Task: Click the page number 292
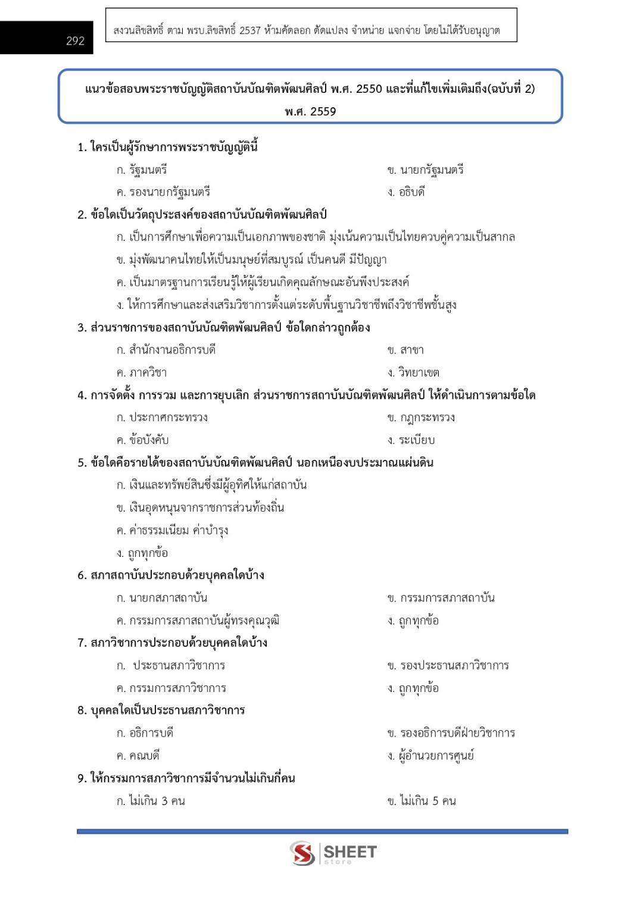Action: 75,40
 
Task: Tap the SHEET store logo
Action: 333,853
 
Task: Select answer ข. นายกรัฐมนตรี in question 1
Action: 425,170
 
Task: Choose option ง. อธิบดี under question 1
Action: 406,192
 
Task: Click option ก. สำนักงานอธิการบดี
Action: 166,350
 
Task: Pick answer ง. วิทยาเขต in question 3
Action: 413,372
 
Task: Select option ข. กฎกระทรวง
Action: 421,418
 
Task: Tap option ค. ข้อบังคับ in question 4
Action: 143,440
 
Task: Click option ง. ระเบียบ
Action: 411,440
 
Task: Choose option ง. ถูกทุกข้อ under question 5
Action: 142,553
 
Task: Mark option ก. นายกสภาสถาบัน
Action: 162,598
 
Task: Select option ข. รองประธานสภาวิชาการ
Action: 448,665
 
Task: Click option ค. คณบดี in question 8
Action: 138,756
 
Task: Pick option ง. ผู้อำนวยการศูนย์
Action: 430,756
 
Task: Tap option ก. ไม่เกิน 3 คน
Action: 151,801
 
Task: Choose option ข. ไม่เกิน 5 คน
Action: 422,801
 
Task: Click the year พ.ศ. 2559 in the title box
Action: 310,111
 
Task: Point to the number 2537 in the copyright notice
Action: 250,30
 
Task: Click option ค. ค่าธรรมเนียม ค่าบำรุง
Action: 173,530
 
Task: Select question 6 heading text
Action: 171,575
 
